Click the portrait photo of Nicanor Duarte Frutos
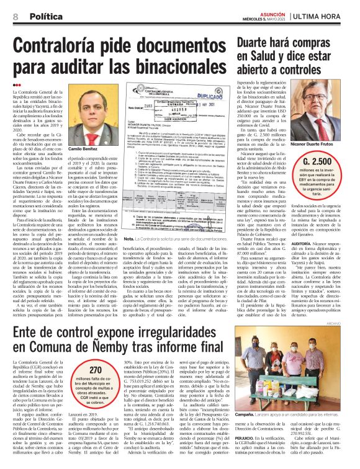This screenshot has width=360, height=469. click(323, 130)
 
